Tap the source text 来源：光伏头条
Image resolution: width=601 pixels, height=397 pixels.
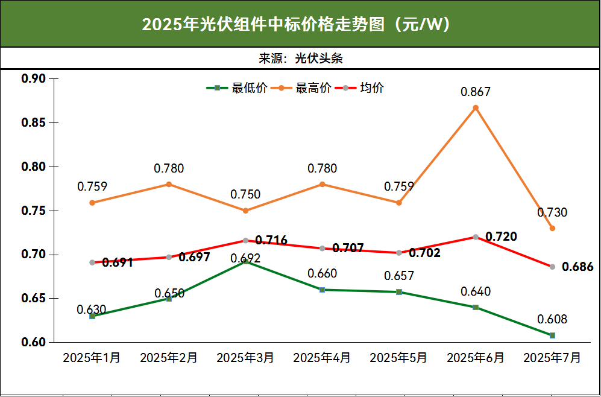pos(301,59)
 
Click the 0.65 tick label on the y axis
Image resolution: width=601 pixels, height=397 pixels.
pos(34,299)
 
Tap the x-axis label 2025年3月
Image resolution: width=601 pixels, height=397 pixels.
pos(245,358)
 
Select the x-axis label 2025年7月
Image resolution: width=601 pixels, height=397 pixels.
pos(552,358)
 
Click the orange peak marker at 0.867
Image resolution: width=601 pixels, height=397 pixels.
pos(476,108)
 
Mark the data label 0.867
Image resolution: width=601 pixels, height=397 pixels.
pos(476,92)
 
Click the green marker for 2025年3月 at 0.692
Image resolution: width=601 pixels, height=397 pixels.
pos(245,261)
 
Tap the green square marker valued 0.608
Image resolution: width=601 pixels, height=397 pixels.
pos(552,335)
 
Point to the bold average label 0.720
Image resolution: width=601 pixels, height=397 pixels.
pos(501,237)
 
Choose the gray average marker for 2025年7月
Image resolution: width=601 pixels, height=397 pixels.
pos(552,267)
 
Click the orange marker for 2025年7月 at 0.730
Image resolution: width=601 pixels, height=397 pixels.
pos(552,228)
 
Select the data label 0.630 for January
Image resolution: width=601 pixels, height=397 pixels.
pos(92,310)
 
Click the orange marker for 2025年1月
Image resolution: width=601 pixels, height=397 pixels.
pos(92,203)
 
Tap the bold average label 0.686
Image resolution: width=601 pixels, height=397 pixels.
pos(577,267)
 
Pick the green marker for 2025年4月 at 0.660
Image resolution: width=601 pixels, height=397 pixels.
pos(322,290)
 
